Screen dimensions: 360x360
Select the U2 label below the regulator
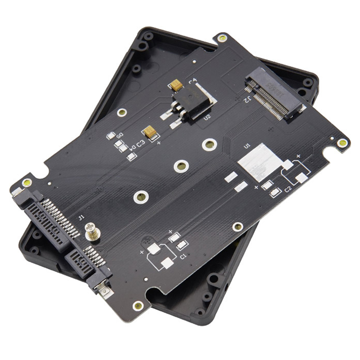pos(207,117)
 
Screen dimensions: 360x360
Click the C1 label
pos(183,257)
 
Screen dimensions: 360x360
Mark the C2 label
pos(288,189)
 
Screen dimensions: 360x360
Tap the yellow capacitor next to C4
pos(176,85)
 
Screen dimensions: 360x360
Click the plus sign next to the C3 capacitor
pos(159,143)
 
